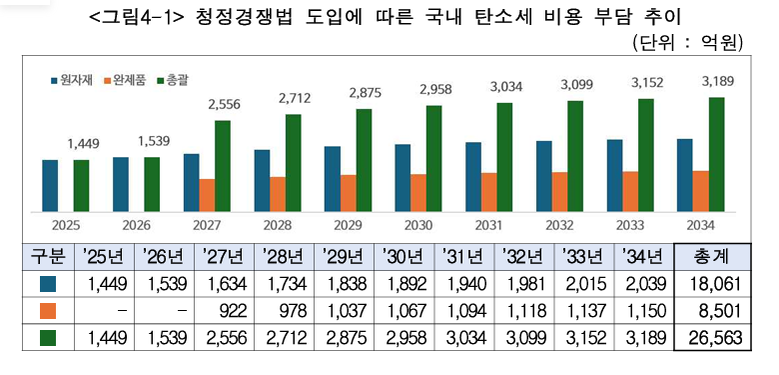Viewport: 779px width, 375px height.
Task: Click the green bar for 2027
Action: point(223,165)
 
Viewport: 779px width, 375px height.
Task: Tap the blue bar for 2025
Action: point(50,184)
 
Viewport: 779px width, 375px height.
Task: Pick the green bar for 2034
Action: point(716,154)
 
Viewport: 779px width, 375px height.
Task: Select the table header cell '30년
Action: point(408,256)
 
